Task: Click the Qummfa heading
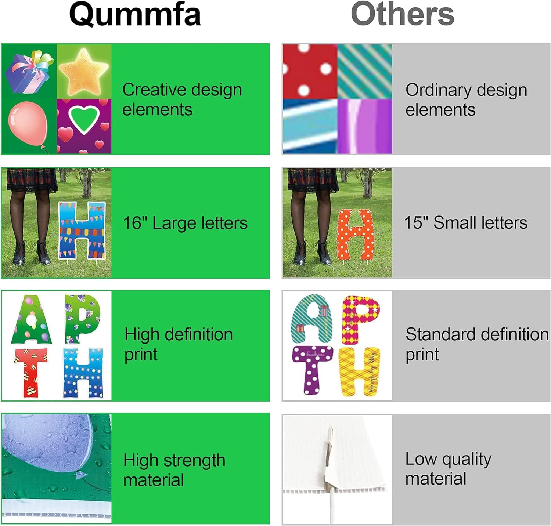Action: [x=135, y=15]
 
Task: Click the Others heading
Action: [x=403, y=15]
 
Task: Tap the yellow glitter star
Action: [x=84, y=72]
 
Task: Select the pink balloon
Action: [x=28, y=123]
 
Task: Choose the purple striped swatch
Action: [x=364, y=126]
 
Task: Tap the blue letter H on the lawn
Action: [x=82, y=230]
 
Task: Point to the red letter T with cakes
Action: [x=31, y=371]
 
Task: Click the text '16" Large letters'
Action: [x=185, y=223]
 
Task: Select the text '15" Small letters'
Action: [x=465, y=223]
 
